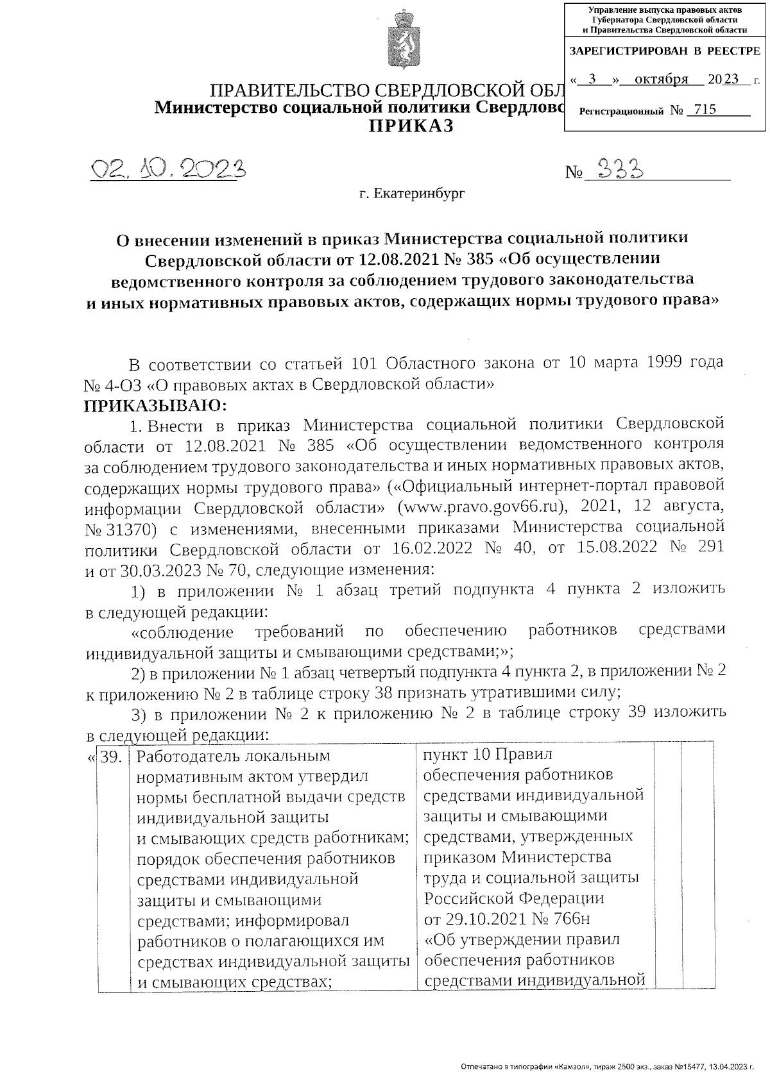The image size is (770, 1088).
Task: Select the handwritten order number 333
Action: tap(619, 169)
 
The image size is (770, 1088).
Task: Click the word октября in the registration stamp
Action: tap(661, 80)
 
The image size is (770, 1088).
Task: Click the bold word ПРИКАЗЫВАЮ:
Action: tap(155, 405)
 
